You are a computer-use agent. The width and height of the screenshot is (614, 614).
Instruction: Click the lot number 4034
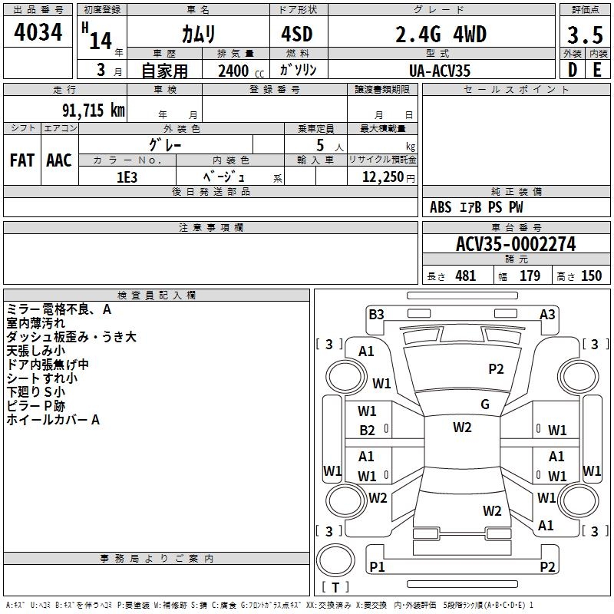pos(38,34)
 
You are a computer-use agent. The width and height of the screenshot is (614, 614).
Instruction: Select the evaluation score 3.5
pos(584,35)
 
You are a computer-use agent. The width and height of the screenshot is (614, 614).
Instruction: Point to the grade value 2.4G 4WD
pos(441,35)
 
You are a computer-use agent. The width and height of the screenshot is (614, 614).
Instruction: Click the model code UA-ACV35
pos(441,71)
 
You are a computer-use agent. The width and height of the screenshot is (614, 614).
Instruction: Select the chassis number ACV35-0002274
pos(516,244)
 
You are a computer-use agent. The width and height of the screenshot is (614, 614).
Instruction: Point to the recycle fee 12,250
pos(385,177)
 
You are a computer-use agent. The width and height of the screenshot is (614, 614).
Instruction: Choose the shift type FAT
pos(22,160)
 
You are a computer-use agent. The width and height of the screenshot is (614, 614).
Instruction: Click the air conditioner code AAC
pos(59,160)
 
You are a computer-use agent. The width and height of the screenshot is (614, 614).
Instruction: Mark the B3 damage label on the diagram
pos(376,314)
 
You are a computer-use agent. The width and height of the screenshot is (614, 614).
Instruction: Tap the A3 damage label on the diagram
pos(547,314)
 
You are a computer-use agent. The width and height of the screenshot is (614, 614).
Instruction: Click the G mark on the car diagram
pos(485,404)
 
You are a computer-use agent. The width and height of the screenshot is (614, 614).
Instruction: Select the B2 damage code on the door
pos(367,430)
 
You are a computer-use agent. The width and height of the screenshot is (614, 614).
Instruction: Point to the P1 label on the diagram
pos(377,566)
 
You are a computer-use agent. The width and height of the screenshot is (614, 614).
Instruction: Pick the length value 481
pos(465,276)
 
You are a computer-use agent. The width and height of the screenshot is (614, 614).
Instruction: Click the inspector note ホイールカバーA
pos(53,420)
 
